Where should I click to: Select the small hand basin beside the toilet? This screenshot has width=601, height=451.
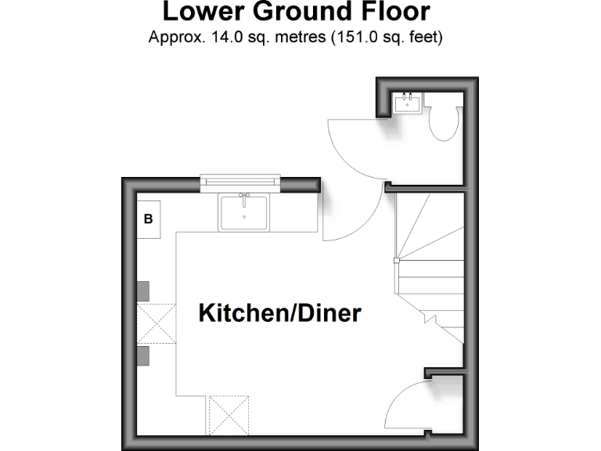click(407, 102)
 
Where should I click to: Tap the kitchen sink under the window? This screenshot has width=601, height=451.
click(243, 211)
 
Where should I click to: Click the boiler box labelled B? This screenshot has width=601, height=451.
click(149, 219)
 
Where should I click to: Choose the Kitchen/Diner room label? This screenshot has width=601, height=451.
click(280, 313)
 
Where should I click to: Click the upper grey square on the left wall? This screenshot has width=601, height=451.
click(143, 290)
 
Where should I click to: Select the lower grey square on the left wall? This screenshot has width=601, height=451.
click(143, 356)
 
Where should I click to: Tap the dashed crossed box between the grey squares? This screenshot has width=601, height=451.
click(157, 323)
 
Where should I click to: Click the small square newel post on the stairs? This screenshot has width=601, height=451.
click(397, 259)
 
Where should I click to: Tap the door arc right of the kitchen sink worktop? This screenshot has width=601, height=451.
click(344, 219)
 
